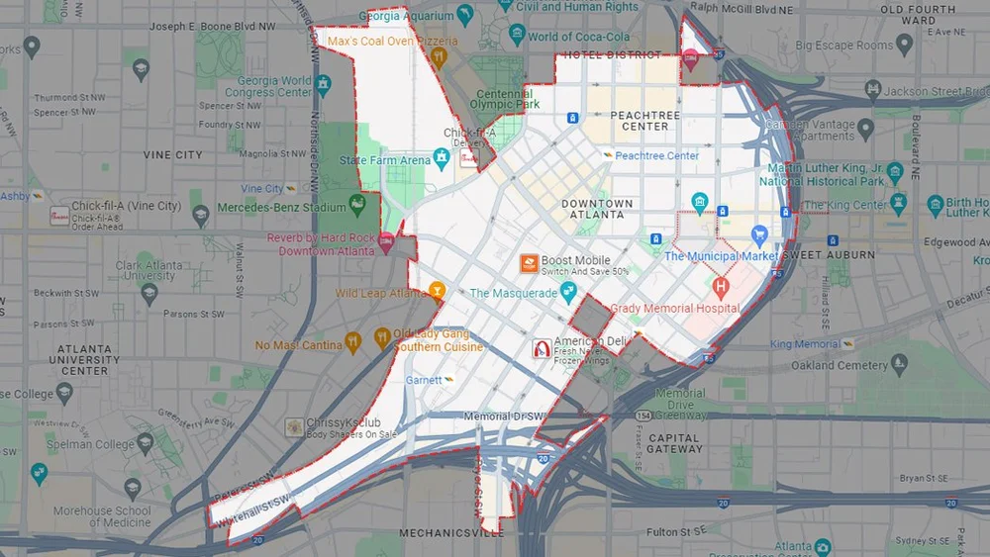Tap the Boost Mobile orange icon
pyautogui.click(x=529, y=264)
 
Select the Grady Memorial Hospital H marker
pyautogui.click(x=721, y=288)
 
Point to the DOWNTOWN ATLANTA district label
pyautogui.click(x=597, y=209)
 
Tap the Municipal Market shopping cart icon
pyautogui.click(x=759, y=235)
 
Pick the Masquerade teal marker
pyautogui.click(x=568, y=291)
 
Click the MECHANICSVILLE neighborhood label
pyautogui.click(x=450, y=533)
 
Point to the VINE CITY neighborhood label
pyautogui.click(x=172, y=155)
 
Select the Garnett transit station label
pyautogui.click(x=423, y=379)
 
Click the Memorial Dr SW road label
pyautogui.click(x=504, y=417)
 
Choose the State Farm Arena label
pyautogui.click(x=385, y=160)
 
